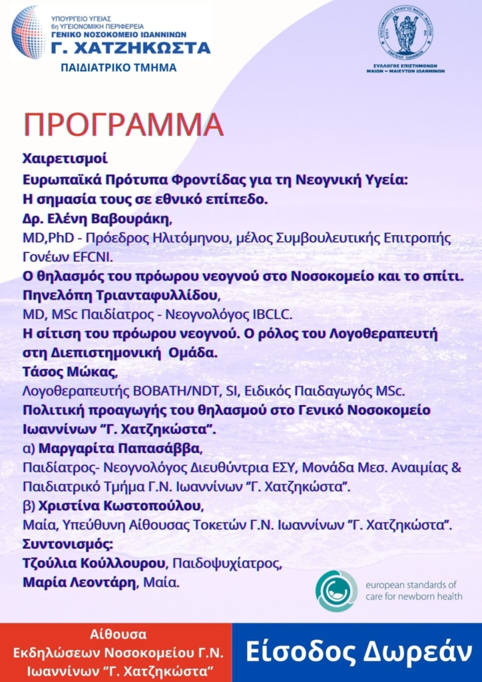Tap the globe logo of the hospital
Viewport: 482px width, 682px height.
pos(28,32)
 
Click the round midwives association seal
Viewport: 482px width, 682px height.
pos(405,32)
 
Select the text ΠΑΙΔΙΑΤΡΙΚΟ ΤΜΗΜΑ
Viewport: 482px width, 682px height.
pos(119,67)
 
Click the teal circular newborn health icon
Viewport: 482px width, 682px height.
pos(336,591)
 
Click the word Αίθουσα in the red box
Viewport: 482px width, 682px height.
pos(116,634)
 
